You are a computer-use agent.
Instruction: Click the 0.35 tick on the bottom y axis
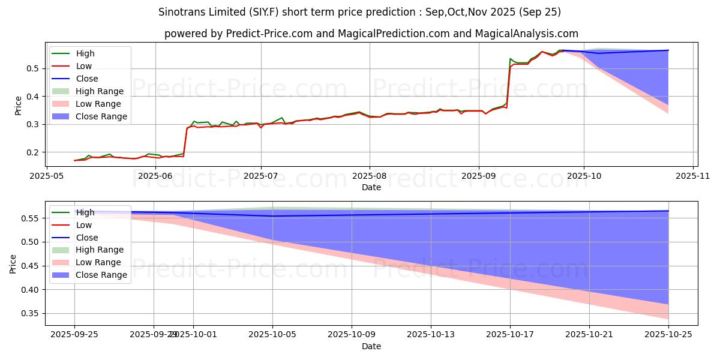click(31, 314)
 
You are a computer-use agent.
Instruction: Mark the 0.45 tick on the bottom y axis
click(31, 266)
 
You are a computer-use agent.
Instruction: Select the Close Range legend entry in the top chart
click(101, 116)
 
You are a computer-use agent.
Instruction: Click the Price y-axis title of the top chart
click(18, 106)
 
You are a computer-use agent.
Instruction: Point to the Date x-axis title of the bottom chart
click(371, 346)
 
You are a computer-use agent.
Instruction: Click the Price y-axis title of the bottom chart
click(13, 264)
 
